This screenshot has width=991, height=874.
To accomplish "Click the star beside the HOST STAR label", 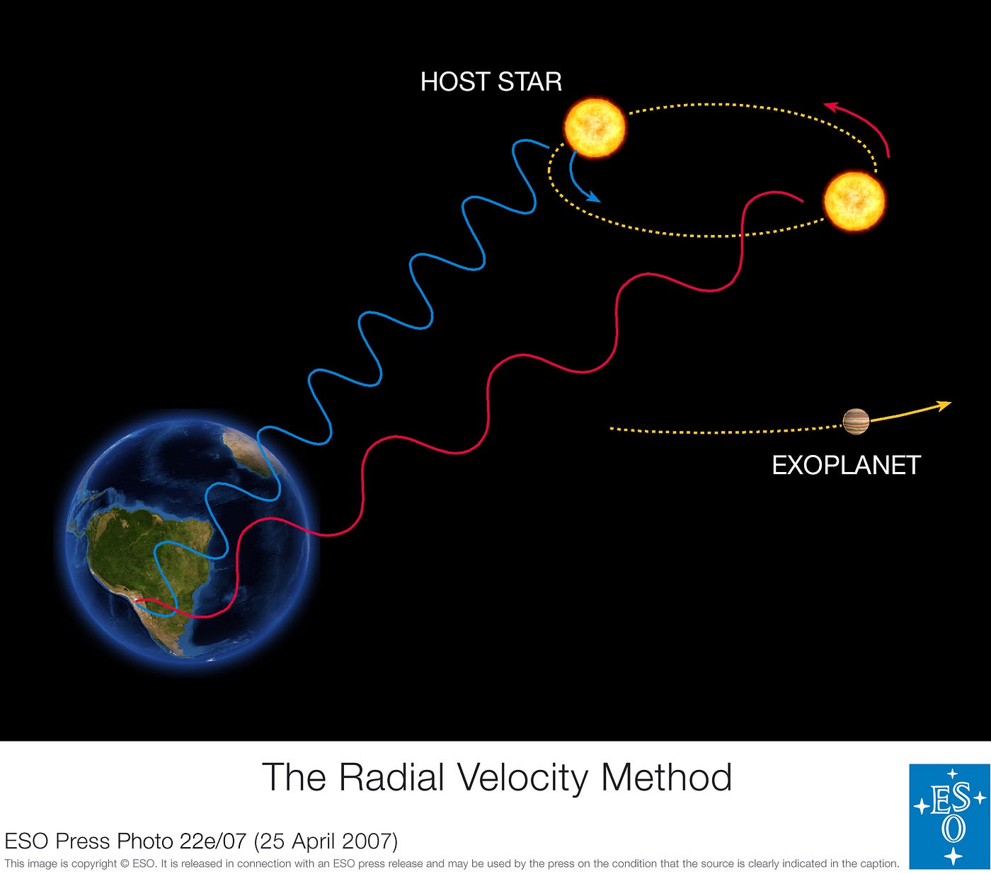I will coord(595,127).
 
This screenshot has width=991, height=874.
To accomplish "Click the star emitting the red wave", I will coord(854,201).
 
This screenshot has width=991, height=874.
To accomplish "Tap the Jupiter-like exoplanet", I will coord(856,422).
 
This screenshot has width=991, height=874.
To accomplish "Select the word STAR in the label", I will coord(529,82).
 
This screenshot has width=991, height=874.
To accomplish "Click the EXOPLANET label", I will coord(846,465).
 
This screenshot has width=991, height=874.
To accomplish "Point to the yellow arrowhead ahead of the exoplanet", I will coord(944,405).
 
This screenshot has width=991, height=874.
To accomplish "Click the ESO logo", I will coord(949,816).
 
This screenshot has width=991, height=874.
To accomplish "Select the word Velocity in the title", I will coord(522,777).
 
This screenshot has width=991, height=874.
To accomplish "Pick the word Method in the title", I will coord(666,777).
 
